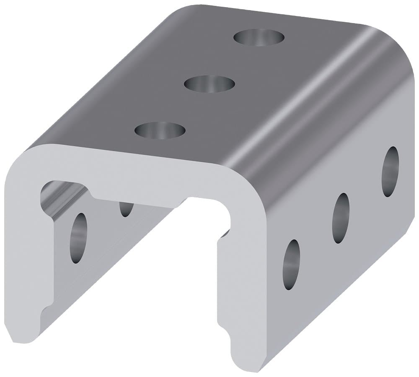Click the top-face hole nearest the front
[160, 130]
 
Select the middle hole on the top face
[209, 84]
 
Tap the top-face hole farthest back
[259, 38]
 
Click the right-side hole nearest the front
[291, 265]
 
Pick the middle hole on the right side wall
[341, 218]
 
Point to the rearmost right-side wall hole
[390, 172]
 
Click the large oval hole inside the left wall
[78, 238]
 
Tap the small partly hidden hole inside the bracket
[126, 209]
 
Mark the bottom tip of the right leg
[247, 367]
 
